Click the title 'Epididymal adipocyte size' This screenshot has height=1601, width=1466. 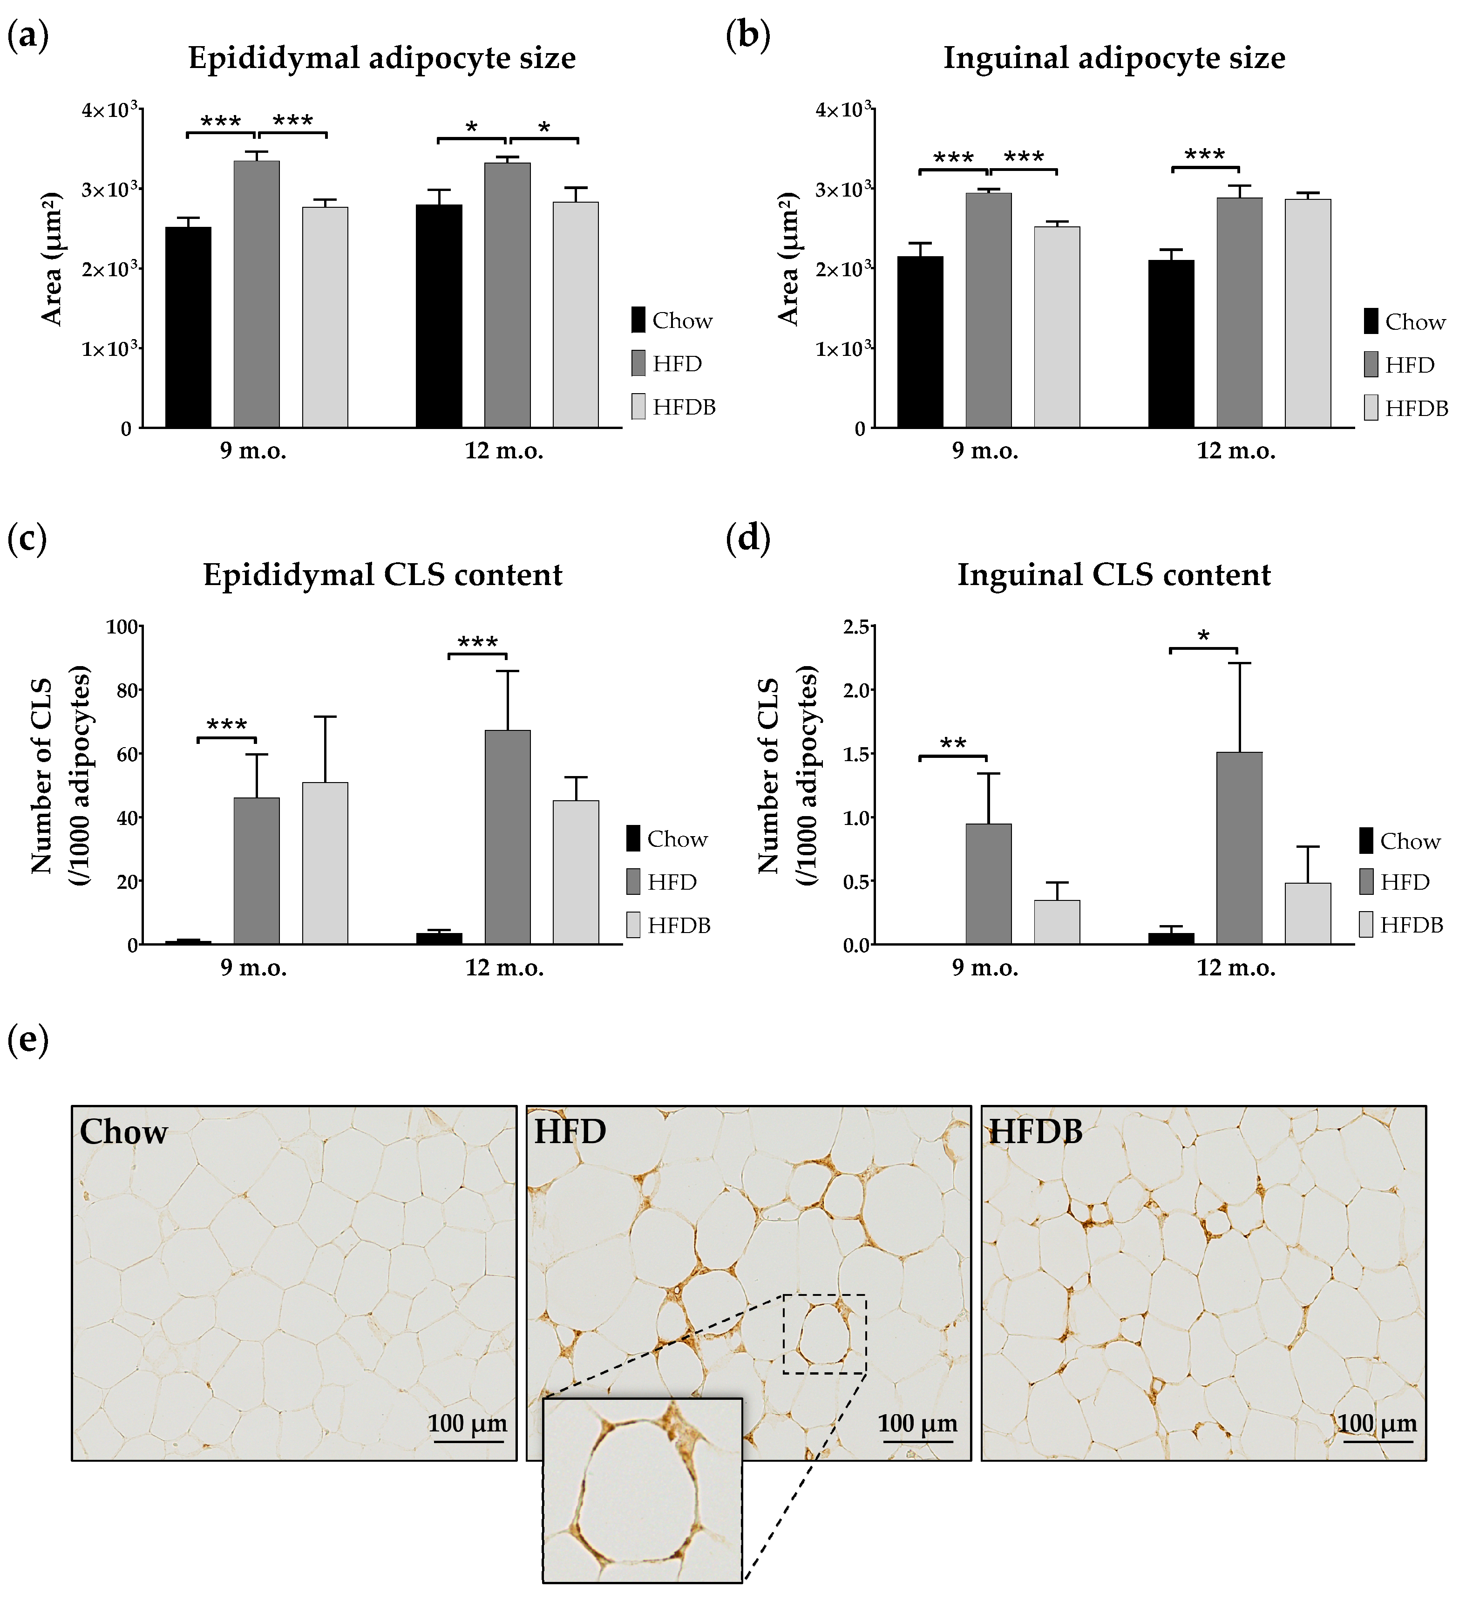click(x=381, y=58)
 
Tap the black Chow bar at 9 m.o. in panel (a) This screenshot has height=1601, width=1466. click(x=188, y=327)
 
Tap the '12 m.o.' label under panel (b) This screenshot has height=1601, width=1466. click(x=1235, y=451)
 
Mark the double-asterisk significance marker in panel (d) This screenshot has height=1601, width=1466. click(x=953, y=744)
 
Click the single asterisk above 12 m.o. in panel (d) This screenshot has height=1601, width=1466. click(x=1204, y=637)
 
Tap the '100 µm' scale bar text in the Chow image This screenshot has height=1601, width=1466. click(x=467, y=1423)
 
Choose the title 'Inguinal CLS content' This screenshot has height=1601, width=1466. click(x=1113, y=575)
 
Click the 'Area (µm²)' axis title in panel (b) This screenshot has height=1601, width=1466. click(x=788, y=259)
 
